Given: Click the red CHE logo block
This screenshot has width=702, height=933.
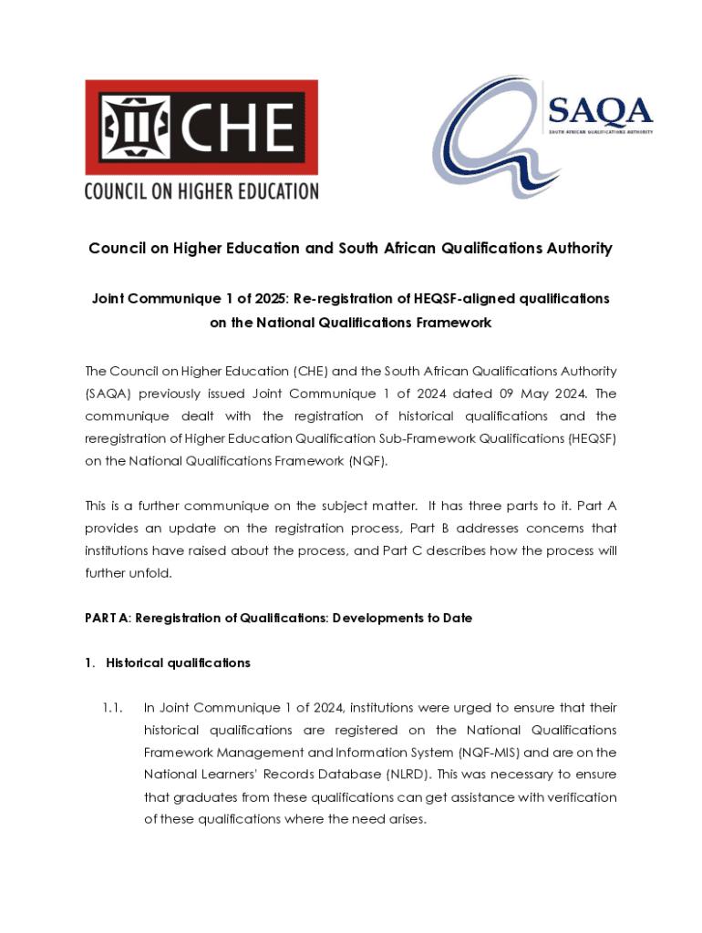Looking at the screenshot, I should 201,128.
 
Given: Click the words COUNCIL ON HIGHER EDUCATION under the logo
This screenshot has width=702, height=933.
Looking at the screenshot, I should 201,191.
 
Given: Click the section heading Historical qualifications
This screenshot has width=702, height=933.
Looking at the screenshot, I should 178,662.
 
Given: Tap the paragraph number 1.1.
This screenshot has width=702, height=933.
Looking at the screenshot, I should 112,707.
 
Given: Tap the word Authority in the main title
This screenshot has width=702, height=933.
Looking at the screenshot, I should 575,249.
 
